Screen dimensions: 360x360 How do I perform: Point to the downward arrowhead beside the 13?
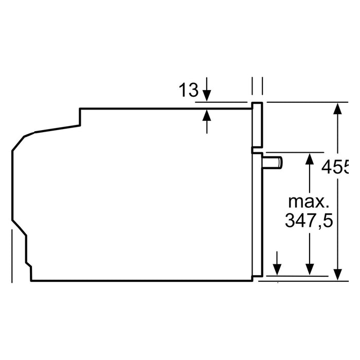207,96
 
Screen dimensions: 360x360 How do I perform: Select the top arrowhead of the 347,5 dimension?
309,159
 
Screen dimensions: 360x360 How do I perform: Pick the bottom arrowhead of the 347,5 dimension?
309,268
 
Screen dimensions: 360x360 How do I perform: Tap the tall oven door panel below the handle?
257,216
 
